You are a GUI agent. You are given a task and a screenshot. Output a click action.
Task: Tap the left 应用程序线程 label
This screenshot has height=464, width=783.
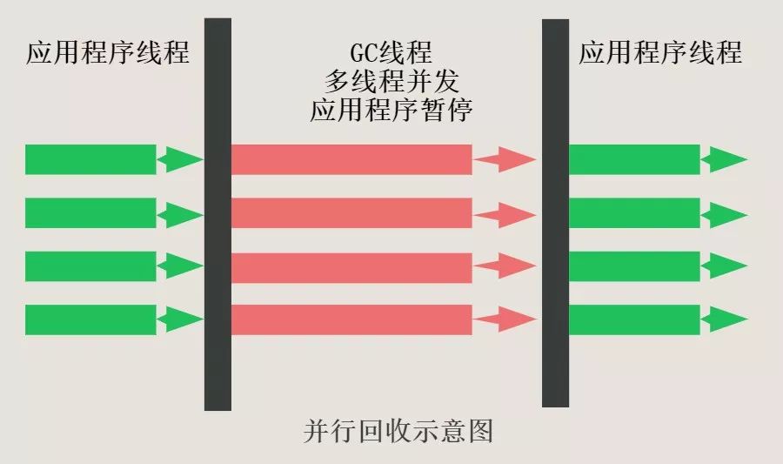click(107, 52)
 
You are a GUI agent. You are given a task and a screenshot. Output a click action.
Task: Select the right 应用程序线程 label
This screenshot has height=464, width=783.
click(660, 52)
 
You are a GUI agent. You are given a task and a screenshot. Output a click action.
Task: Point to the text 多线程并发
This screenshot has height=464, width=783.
click(391, 81)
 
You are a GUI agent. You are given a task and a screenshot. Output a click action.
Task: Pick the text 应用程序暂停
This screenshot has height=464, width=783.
click(391, 110)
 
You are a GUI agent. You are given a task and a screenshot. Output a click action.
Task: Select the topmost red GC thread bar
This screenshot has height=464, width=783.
click(351, 159)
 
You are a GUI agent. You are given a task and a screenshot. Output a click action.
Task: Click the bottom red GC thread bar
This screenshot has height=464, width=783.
click(351, 319)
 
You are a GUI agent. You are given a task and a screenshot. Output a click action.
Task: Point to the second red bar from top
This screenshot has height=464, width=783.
click(351, 213)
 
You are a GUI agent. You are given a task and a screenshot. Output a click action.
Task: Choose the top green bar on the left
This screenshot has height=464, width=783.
click(90, 159)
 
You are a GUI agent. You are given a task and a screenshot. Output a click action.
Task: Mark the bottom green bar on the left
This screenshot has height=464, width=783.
click(90, 319)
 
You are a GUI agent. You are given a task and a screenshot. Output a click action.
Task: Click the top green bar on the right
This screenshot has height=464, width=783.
click(634, 159)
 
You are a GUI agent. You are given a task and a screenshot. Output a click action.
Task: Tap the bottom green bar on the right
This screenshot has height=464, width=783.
click(634, 319)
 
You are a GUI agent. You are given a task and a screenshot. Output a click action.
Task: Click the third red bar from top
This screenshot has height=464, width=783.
click(351, 266)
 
